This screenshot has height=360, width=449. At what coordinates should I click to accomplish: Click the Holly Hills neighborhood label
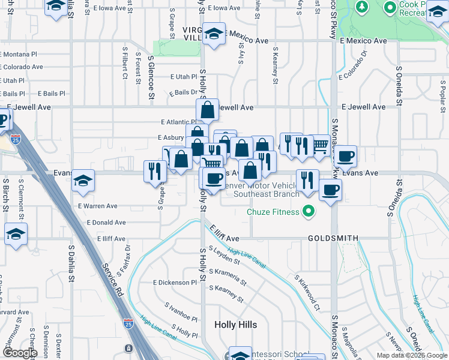click(236, 325)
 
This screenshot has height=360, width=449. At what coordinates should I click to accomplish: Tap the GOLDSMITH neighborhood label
click(333, 238)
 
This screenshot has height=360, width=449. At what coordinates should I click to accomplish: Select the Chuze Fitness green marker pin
click(309, 211)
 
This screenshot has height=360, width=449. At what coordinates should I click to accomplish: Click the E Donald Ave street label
click(106, 222)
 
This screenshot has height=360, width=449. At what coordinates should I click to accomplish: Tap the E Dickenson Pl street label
click(175, 282)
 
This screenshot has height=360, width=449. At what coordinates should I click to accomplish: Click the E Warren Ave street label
click(98, 206)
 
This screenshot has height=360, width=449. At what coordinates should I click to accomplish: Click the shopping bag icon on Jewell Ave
click(207, 110)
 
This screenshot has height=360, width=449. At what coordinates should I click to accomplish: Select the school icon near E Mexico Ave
click(213, 34)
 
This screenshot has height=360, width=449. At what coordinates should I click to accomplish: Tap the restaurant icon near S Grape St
click(155, 172)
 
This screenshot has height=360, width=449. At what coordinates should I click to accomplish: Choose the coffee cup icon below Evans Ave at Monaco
click(330, 191)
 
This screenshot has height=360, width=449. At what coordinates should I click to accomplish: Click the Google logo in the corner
click(20, 353)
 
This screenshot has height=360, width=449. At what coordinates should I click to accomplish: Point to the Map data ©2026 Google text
click(411, 355)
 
